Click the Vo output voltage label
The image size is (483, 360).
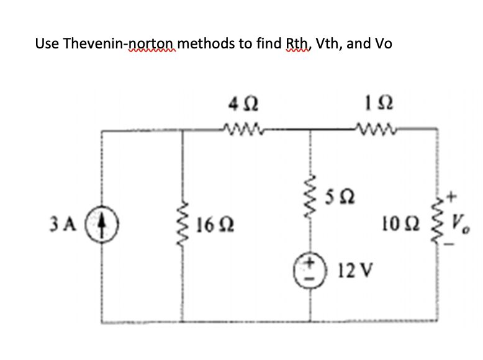coord(461,222)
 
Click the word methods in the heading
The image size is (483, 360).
coord(209,44)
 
